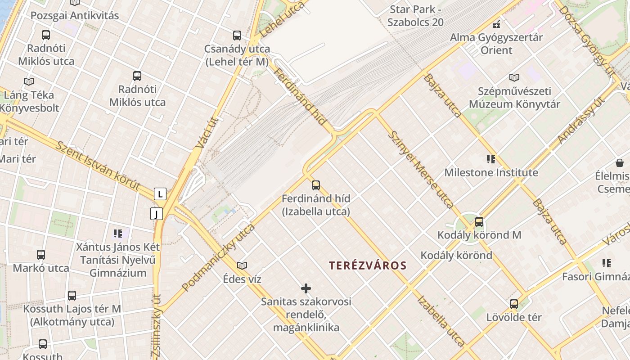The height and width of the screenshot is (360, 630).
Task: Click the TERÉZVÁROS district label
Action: [368, 265]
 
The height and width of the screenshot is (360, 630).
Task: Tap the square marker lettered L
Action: [160, 194]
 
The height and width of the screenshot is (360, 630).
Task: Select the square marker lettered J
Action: [156, 214]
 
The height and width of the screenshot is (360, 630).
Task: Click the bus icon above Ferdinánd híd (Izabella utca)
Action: [316, 185]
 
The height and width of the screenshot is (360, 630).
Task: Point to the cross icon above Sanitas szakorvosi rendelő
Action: [306, 288]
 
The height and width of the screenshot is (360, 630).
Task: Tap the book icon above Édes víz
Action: [242, 265]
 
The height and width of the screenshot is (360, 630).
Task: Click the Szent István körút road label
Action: [98, 166]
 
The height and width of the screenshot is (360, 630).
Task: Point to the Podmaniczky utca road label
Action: [218, 257]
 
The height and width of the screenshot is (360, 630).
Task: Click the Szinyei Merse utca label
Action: [420, 170]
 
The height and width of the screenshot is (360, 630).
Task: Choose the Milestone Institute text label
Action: [491, 172]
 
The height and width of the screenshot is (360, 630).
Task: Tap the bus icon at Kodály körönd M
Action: [479, 221]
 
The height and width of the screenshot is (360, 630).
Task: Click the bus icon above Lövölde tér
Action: [514, 304]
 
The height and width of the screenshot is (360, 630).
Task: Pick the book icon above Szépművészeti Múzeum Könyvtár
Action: [514, 77]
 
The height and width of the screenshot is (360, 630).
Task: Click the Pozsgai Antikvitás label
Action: [75, 15]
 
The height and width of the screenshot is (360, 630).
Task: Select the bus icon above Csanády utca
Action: [237, 35]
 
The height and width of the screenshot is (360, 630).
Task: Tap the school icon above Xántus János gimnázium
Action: [118, 233]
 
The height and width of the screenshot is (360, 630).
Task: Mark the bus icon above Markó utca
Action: [41, 255]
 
